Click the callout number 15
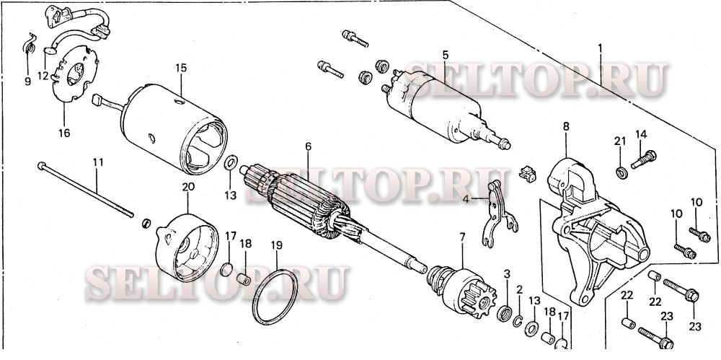point(181,68)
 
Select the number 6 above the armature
point(308,146)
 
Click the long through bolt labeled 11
point(86,189)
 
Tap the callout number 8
point(566,126)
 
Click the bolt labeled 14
point(644,159)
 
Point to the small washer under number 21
point(622,173)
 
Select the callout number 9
point(28,82)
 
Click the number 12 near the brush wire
point(43,76)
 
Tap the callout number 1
point(600,48)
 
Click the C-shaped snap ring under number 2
point(517,321)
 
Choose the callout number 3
point(507,274)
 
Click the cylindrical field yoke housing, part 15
point(174,129)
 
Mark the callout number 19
point(277,245)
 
